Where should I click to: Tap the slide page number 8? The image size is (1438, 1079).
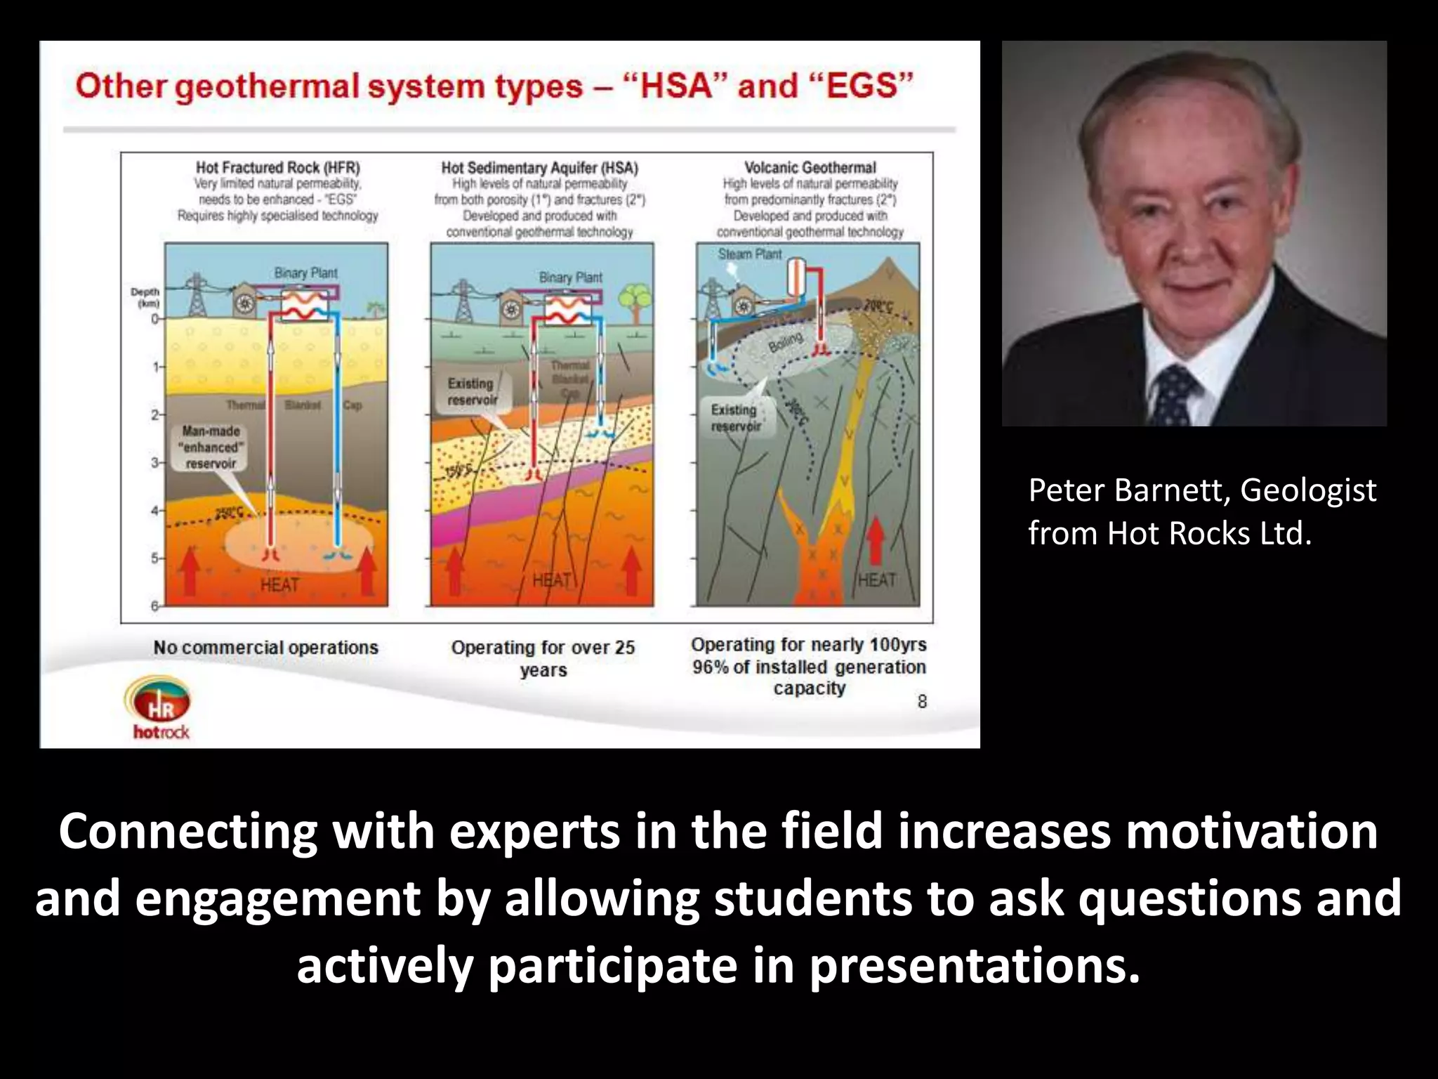[922, 701]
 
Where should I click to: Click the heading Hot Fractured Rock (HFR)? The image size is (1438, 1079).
[277, 167]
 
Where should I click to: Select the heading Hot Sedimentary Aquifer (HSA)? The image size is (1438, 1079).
[539, 168]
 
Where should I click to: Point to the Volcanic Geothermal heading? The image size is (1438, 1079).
[810, 168]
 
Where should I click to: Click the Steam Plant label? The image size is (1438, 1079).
[749, 254]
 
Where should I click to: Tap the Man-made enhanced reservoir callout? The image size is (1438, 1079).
[211, 447]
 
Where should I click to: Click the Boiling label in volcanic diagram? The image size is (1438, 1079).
[785, 343]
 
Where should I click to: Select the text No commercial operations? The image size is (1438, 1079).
[265, 648]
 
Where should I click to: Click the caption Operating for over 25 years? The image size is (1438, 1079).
[543, 658]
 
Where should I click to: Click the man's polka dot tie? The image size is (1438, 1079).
[1174, 398]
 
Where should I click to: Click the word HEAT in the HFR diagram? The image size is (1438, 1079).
[279, 584]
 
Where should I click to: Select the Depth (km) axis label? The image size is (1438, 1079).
[145, 297]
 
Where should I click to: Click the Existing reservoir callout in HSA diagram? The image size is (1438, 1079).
[472, 391]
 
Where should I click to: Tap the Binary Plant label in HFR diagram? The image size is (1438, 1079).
[305, 273]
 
